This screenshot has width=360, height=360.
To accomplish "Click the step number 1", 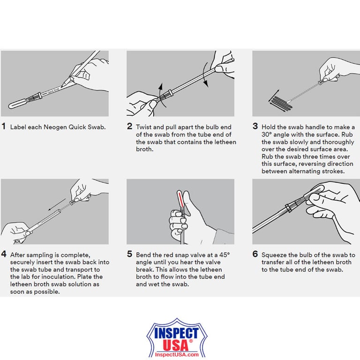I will coord(4,127).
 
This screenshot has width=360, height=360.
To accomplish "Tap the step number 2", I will coord(129,127).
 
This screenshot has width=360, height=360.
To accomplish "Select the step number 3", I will coord(255,127).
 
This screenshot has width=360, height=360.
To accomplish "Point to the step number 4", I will coord(4,255).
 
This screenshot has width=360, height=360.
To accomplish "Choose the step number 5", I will coord(129,255).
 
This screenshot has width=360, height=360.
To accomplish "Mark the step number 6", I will coord(255,255).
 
